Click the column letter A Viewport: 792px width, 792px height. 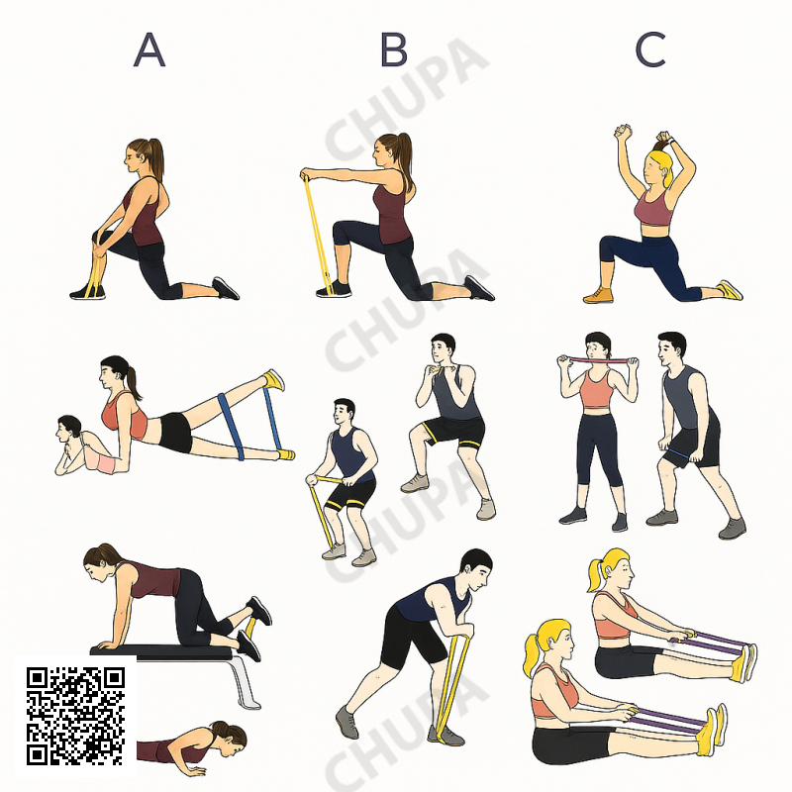pos(149,49)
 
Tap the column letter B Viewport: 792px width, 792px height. pos(393,49)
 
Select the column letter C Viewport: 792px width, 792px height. pos(650,49)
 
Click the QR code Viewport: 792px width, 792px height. pos(76,716)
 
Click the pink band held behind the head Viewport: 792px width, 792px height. pos(599,360)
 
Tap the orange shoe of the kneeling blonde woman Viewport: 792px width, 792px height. pos(598,295)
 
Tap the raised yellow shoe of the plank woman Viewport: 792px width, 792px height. pos(274,379)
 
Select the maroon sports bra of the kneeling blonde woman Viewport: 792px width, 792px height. pos(654,207)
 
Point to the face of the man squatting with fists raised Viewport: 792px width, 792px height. pos(439,348)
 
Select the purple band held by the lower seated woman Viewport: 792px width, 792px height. pos(667,720)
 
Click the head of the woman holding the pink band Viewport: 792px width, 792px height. pos(598,346)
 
